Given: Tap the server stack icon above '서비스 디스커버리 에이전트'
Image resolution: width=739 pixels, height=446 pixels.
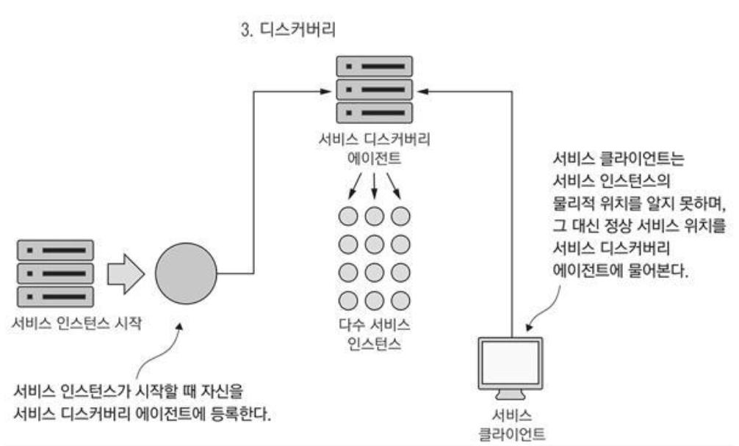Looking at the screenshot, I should (375, 89).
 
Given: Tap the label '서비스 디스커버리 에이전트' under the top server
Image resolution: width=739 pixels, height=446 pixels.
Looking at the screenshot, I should (375, 147).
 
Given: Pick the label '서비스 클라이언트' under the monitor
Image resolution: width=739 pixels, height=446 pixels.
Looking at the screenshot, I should (511, 423).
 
